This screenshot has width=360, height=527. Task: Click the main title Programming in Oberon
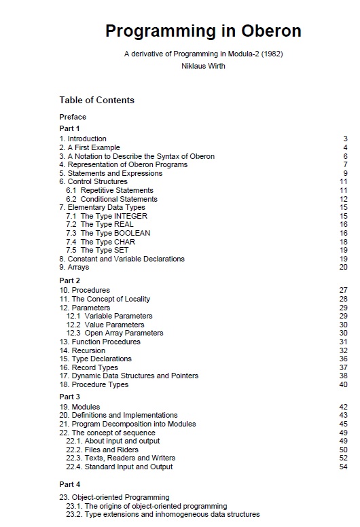click(x=203, y=31)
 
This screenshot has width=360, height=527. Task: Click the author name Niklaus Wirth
click(x=203, y=66)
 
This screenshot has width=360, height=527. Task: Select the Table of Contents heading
click(x=96, y=101)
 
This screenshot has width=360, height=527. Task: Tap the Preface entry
click(x=73, y=117)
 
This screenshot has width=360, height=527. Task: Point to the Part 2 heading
click(x=69, y=280)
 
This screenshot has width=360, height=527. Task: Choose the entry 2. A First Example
click(x=89, y=147)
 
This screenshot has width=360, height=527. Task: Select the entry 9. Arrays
click(x=74, y=267)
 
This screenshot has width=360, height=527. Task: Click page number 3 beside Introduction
click(x=345, y=139)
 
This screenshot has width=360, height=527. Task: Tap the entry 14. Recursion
click(x=82, y=350)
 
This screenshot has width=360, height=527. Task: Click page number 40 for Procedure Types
click(x=343, y=384)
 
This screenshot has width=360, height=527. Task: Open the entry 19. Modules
click(x=79, y=407)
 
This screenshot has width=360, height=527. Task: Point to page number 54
click(x=343, y=467)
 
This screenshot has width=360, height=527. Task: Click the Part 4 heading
click(x=69, y=484)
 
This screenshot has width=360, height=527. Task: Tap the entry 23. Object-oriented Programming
click(x=114, y=497)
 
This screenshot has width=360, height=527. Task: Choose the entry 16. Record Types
click(x=88, y=367)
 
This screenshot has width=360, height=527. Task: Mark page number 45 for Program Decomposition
click(x=343, y=424)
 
